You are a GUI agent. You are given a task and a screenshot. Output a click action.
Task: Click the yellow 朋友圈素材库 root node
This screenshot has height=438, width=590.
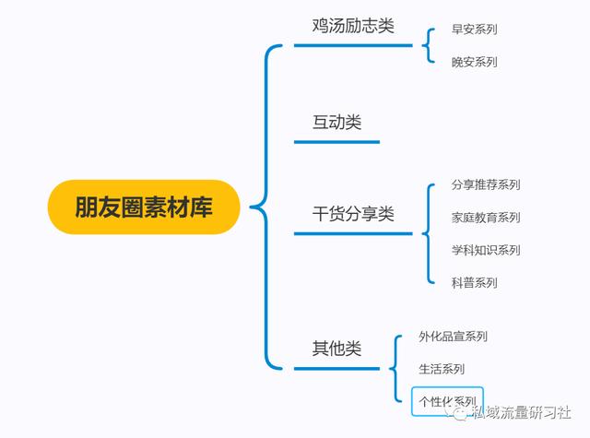coord(144,207)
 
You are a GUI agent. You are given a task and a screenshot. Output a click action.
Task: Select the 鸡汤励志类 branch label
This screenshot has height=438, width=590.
coord(353,26)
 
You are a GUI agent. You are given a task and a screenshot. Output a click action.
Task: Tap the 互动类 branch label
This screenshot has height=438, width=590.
coord(336,123)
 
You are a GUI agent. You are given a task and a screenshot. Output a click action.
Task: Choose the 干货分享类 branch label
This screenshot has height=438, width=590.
coord(353,214)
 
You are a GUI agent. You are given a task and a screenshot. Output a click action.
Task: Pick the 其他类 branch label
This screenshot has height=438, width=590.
coord(336,348)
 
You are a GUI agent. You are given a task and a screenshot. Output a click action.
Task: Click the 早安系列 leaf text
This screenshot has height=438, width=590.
coord(475,29)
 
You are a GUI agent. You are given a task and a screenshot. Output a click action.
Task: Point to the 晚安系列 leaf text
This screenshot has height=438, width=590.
coord(475,62)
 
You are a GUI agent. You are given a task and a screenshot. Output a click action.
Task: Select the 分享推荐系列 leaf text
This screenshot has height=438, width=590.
coord(486,184)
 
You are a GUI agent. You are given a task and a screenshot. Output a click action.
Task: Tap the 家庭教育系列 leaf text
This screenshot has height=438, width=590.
coord(486,217)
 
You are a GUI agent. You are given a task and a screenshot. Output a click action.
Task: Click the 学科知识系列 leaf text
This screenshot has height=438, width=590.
coord(486,250)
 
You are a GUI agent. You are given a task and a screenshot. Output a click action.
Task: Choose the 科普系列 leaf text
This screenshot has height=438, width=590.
coord(475,282)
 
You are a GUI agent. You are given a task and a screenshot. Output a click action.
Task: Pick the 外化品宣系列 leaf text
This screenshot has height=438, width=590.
coord(453,336)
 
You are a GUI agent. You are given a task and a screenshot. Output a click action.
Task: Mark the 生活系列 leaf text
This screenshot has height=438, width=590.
coord(442,369)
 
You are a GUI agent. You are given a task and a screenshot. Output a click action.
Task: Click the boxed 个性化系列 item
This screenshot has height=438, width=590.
coord(447,401)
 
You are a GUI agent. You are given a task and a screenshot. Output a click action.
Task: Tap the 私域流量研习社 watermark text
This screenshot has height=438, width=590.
coord(522,412)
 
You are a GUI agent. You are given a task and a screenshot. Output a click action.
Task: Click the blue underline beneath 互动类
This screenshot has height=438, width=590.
coord(336,142)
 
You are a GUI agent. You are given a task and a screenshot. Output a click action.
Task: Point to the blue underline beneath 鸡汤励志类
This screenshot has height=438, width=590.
coord(353,45)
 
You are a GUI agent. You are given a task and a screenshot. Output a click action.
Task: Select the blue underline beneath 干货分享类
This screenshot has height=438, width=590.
coord(353,233)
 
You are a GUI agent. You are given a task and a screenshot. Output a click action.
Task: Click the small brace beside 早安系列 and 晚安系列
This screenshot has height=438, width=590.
coord(427,45)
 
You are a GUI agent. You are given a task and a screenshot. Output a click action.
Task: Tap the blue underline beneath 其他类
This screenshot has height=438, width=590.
coord(336,369)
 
